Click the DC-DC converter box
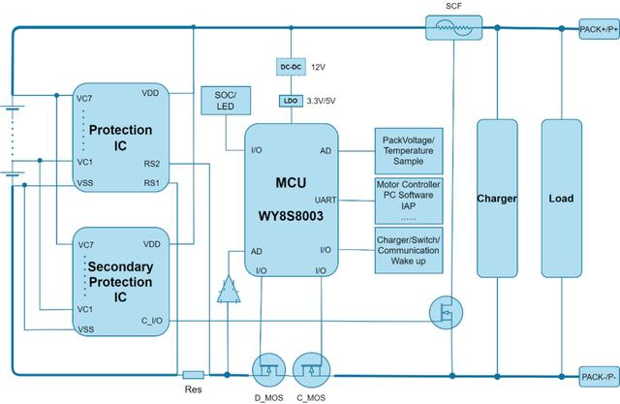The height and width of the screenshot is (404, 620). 292,68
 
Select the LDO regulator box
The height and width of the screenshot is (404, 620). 292,100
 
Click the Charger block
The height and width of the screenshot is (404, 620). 497,199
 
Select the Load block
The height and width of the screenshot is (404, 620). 562,199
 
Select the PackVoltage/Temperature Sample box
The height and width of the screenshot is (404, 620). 408,148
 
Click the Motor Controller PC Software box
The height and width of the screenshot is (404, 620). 408,199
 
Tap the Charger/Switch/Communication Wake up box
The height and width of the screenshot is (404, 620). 408,249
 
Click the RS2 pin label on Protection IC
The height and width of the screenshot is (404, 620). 151,163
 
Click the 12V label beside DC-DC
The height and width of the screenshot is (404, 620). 318,68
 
